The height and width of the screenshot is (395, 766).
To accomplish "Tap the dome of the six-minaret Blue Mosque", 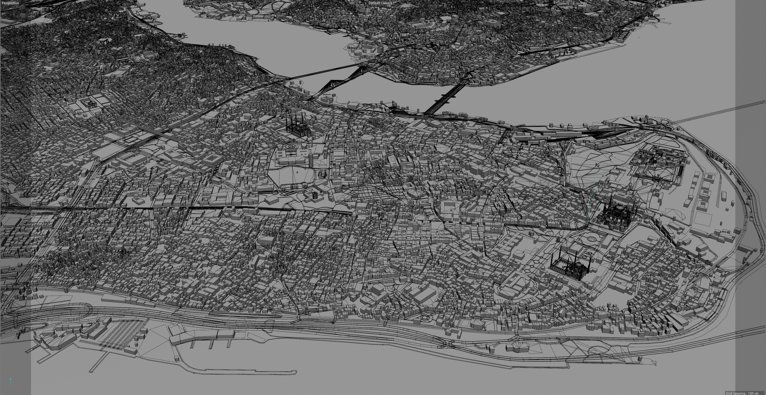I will pyautogui.click(x=578, y=265).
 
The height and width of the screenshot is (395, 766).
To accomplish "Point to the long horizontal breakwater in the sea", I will pyautogui.click(x=250, y=371).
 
